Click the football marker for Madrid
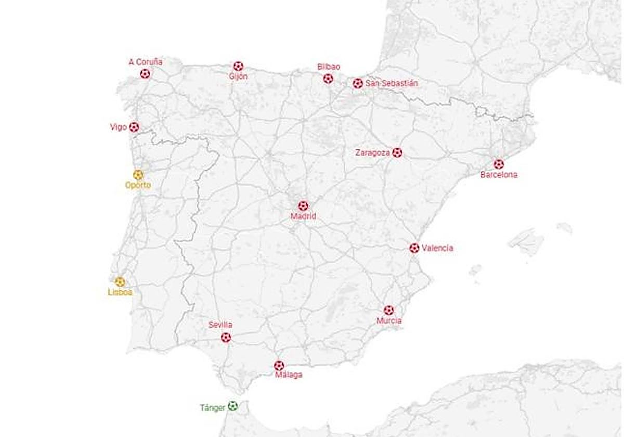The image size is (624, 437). coord(303,206)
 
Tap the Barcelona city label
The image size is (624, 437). coord(499,175)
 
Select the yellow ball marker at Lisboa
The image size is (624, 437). coord(120,282)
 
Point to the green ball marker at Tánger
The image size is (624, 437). coord(233,406)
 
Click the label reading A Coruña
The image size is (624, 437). coord(146,62)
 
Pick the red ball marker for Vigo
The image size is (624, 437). coord(134,127)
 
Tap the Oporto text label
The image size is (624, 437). coord(138,185)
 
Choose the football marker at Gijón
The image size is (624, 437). coord(238,66)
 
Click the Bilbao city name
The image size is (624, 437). coord(329,67)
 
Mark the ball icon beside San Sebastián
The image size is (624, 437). coord(358,83)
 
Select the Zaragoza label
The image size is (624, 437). coord(372,153)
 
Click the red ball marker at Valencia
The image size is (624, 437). coord(414,248)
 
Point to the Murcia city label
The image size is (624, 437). coord(389,321)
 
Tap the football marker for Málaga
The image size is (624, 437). coord(279,366)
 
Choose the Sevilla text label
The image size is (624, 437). coord(220,325)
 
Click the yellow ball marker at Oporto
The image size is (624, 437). coord(138,175)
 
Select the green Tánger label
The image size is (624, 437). coord(213,408)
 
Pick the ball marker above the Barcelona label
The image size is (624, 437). coord(499,164)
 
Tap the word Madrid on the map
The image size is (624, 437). coord(303,216)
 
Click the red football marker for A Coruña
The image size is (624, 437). coord(145,74)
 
